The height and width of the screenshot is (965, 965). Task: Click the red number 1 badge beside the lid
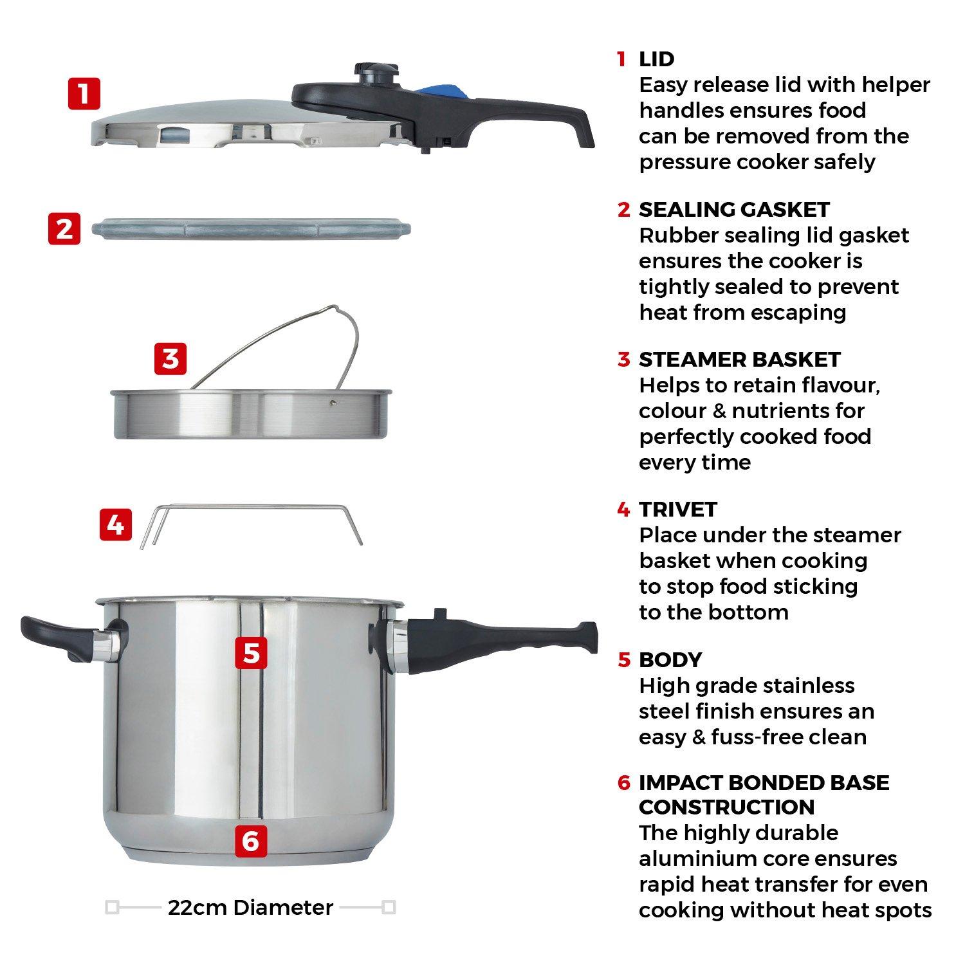pos(84,94)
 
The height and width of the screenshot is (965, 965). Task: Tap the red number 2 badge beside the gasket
pos(64,228)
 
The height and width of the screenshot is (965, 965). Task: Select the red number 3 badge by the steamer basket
pos(170,358)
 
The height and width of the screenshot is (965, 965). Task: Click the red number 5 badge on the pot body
pos(251,652)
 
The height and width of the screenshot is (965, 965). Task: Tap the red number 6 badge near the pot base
pos(251,840)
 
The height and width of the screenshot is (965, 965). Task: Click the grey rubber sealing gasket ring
pos(251,228)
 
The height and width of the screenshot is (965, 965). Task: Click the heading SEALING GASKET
pos(733,210)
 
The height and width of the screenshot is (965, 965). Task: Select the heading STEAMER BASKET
pos(739,360)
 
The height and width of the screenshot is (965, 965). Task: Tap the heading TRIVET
pos(677,510)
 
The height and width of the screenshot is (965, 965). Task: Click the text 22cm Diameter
pos(250,907)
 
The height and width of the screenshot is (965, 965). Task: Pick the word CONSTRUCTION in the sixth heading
pos(726,807)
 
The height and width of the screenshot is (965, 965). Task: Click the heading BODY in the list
pos(670,660)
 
